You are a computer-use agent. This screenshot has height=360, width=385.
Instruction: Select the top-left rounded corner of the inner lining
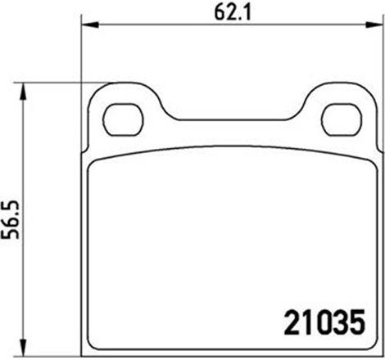pos(93,161)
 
